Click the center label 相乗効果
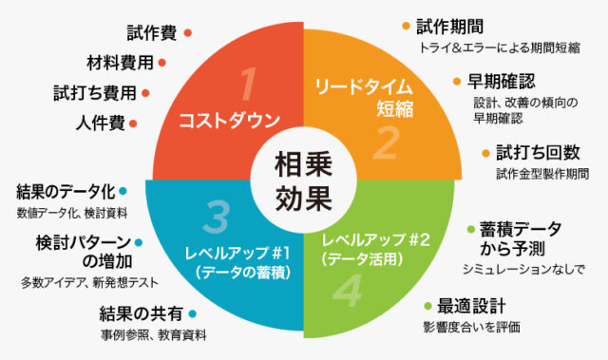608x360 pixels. (x=304, y=180)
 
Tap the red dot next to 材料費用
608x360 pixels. (x=163, y=64)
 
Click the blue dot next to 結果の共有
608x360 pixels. (x=194, y=313)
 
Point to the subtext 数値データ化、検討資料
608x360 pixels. (x=72, y=213)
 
